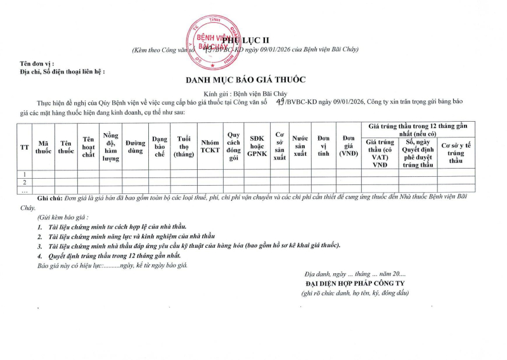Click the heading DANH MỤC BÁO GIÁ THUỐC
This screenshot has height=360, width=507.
click(245, 80)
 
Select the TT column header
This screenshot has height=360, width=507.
click(25, 146)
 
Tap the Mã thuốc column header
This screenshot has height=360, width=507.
click(44, 146)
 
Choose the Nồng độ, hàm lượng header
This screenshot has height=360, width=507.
click(111, 146)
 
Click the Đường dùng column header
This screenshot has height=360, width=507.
click(135, 146)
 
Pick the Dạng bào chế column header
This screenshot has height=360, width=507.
click(159, 146)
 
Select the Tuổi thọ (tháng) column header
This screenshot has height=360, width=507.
click(184, 146)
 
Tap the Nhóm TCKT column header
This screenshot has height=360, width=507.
click(210, 146)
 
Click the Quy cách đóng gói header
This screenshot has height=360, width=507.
click(234, 146)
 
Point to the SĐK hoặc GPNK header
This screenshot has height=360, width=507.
click(257, 146)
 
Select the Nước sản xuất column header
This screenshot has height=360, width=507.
click(300, 146)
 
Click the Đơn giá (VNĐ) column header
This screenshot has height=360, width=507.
click(348, 146)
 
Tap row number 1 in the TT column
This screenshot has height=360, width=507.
click(25, 174)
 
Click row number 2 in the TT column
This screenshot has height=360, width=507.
click(25, 182)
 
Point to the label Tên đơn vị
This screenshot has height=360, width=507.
click(37, 64)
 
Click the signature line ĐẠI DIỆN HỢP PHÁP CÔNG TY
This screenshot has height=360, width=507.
click(355, 283)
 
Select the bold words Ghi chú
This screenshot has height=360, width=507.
click(51, 198)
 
